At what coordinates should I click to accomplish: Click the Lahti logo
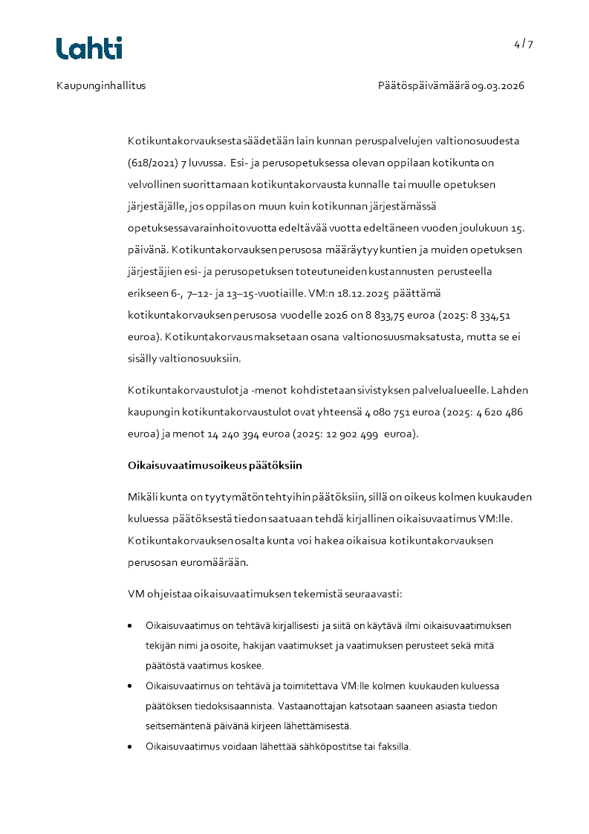click(89, 48)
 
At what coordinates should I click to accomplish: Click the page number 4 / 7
click(523, 44)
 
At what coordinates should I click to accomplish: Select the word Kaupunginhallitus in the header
click(101, 85)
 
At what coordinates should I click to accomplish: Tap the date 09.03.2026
click(498, 85)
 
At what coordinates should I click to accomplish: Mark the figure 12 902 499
click(340, 434)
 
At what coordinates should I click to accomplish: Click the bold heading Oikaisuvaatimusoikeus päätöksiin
click(215, 466)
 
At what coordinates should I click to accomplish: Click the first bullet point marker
click(131, 626)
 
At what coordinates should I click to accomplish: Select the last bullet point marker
click(131, 746)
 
